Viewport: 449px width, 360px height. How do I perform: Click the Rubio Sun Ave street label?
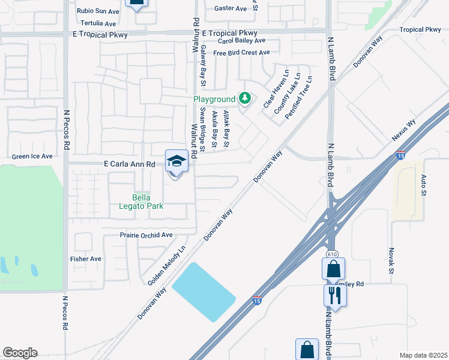tap(98, 11)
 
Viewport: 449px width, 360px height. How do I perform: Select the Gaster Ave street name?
tap(231, 8)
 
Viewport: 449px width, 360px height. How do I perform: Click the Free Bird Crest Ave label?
tap(241, 53)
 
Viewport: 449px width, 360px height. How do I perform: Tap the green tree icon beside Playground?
tap(244, 98)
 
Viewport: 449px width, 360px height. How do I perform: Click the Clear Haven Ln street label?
tap(277, 89)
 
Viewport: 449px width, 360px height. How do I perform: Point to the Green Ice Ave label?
tap(32, 156)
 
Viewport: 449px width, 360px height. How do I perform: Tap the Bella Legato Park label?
tap(148, 202)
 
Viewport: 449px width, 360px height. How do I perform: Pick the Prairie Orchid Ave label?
tap(146, 235)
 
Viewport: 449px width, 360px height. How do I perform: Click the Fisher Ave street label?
tap(85, 259)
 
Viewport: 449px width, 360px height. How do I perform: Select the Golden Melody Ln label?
tap(166, 265)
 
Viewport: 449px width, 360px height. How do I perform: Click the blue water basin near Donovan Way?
tap(203, 292)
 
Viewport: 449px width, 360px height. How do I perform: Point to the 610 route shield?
tap(331, 254)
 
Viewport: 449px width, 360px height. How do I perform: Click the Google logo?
tap(20, 353)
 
